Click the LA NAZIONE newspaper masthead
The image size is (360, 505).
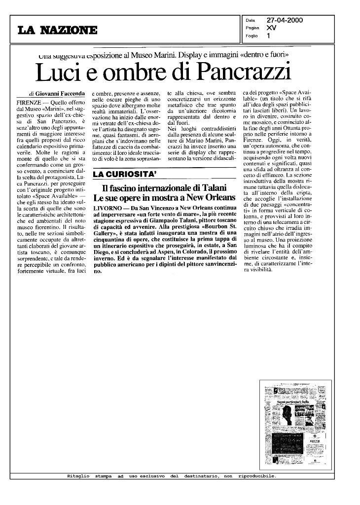pyautogui.click(x=57, y=31)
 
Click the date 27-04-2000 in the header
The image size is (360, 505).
pyautogui.click(x=285, y=20)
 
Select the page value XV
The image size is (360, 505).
pyautogui.click(x=271, y=28)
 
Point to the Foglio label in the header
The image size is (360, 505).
pyautogui.click(x=252, y=36)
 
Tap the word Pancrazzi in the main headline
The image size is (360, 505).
pyautogui.click(x=242, y=73)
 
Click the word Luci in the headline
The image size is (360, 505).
pyautogui.click(x=56, y=73)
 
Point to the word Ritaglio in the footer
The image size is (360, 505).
pyautogui.click(x=78, y=476)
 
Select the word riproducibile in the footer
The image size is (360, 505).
pyautogui.click(x=257, y=476)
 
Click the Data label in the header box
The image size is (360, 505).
pyautogui.click(x=251, y=20)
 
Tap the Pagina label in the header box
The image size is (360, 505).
pyautogui.click(x=252, y=28)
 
